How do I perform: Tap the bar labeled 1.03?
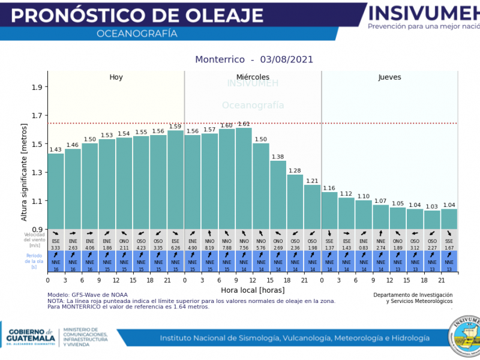pyautogui.click(x=432, y=219)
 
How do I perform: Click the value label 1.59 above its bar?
pyautogui.click(x=175, y=127)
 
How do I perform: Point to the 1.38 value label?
pyautogui.click(x=278, y=157)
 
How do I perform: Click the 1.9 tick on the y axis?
pyautogui.click(x=37, y=87)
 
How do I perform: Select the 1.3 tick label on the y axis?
pyautogui.click(x=37, y=173)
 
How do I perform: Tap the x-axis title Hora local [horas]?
pyautogui.click(x=252, y=290)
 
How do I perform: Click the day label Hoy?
pyautogui.click(x=116, y=77)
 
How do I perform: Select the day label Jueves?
pyautogui.click(x=389, y=77)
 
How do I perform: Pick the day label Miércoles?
pyautogui.click(x=253, y=77)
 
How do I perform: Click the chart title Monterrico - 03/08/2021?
pyautogui.click(x=254, y=60)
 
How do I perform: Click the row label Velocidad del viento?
pyautogui.click(x=35, y=240)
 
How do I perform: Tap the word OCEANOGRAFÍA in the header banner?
pyautogui.click(x=137, y=34)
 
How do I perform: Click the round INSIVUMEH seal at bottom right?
pyautogui.click(x=466, y=333)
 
